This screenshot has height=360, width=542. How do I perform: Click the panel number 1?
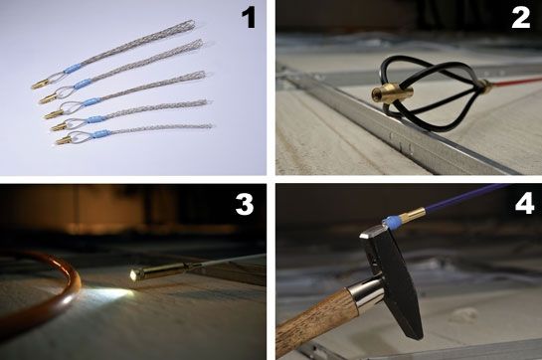click(249, 18)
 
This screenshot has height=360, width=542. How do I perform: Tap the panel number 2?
click(521, 18)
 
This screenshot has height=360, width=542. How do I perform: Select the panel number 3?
click(245, 204)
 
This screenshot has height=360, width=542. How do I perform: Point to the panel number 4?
click(525, 204)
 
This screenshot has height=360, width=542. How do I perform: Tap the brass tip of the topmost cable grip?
click(40, 85)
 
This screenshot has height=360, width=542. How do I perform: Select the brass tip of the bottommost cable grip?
click(64, 140)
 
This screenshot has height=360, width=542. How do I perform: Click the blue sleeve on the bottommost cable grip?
click(97, 132)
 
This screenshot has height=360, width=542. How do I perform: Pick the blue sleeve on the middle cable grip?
click(90, 102)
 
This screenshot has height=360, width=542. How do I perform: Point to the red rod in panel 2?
click(516, 82)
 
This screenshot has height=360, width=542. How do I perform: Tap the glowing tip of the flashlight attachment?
click(133, 274)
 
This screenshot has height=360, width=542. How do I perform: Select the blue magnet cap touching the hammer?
click(391, 221)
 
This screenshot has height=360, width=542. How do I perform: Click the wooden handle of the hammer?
click(316, 321)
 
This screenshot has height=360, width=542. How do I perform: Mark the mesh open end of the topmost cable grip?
click(189, 25)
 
